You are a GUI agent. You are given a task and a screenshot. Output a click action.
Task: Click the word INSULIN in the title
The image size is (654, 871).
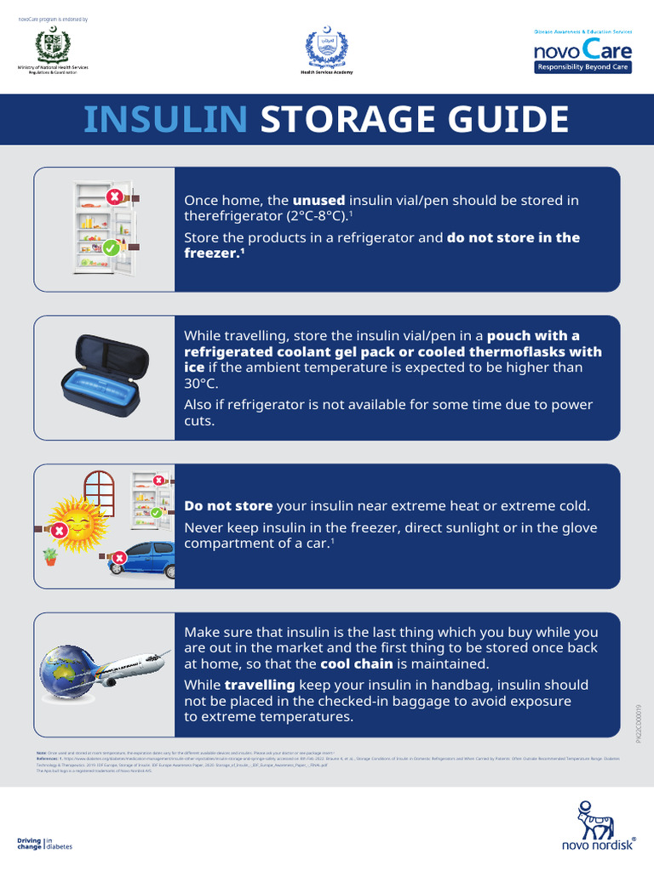(x=166, y=119)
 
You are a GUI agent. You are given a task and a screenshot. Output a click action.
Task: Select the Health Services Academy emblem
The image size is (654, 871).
(x=327, y=49)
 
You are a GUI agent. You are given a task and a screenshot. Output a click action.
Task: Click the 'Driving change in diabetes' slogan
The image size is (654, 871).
(x=45, y=844)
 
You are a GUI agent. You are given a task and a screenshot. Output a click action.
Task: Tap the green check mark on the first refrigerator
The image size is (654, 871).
(x=111, y=248)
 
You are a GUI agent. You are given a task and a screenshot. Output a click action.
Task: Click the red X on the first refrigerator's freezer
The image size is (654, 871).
(x=113, y=197)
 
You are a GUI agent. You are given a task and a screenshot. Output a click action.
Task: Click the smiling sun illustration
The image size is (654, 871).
(x=75, y=521)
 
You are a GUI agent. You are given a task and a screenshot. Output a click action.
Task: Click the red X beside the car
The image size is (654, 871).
(x=119, y=558)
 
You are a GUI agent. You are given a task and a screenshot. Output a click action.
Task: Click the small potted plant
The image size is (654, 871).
(x=51, y=557)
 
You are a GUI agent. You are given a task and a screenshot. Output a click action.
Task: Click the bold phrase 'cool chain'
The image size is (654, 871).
(x=356, y=664)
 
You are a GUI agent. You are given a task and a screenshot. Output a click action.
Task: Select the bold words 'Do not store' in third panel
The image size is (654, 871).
(x=228, y=506)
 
